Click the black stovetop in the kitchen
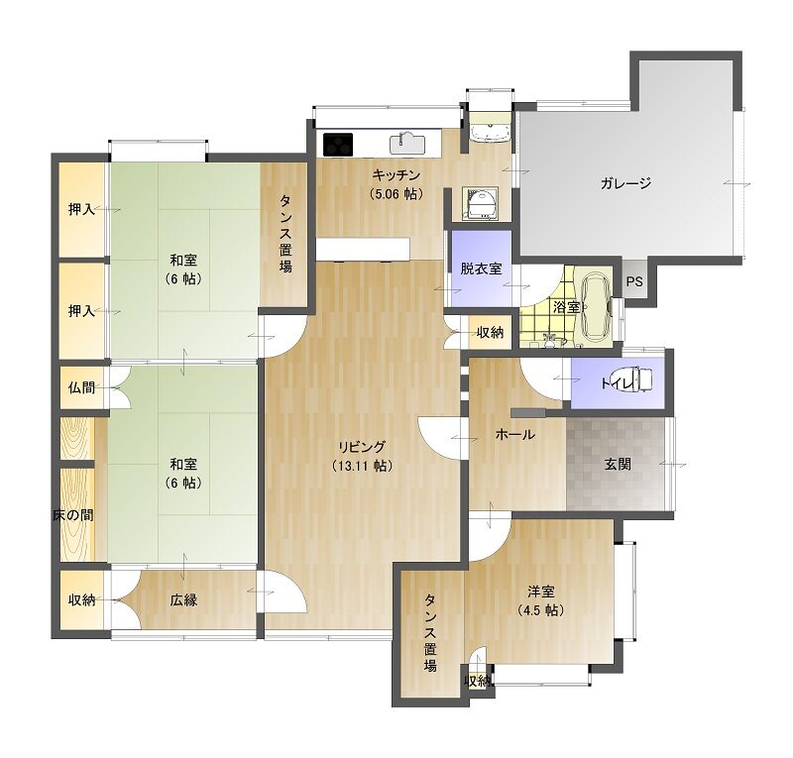coord(337,144)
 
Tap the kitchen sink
coord(407,143)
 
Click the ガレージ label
coord(625,183)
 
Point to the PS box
coord(634,280)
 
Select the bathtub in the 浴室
coord(597,307)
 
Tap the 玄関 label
coord(618,464)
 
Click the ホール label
coord(514,434)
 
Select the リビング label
coord(362,447)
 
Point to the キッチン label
coord(396,175)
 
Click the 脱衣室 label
coord(481,269)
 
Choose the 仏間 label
coord(81,387)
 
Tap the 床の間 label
coord(73,515)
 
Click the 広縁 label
coord(183,600)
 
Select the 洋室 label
coord(541,592)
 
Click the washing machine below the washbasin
coord(481,204)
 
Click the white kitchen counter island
coord(363,250)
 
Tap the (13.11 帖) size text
coord(362,466)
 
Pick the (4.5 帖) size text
coord(541,610)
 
